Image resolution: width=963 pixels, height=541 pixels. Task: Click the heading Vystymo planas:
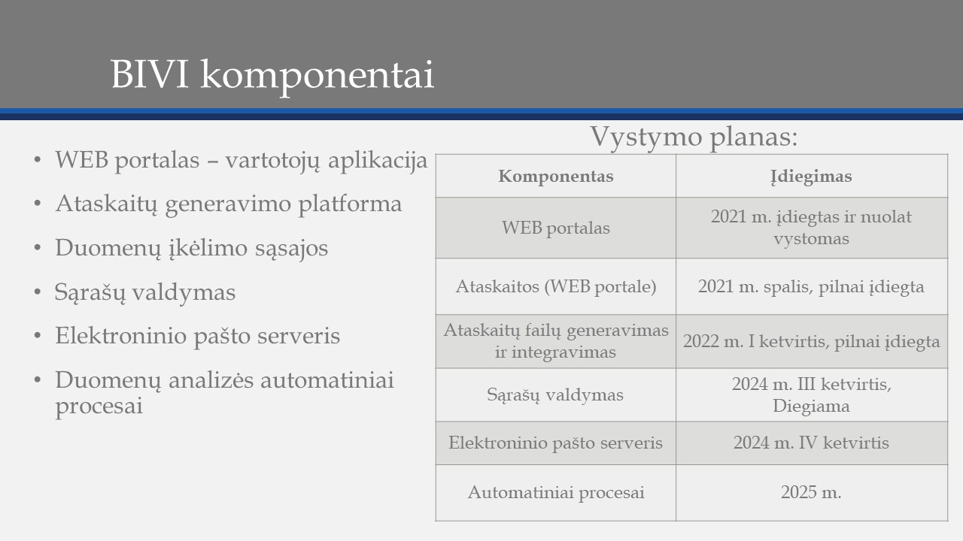point(694,137)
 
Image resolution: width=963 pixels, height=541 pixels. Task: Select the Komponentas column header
point(556,176)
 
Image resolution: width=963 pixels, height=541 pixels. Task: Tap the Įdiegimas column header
point(811,177)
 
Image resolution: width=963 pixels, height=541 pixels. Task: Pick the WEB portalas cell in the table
point(556,228)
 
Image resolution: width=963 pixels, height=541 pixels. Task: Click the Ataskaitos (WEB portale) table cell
point(556,286)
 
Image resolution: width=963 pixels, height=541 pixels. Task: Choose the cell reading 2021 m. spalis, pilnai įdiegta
point(811,287)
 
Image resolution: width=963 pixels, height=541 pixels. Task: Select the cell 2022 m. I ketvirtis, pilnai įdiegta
point(811,341)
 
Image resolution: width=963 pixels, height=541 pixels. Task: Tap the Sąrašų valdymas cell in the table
point(555,394)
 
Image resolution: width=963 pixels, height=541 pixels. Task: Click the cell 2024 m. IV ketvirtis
point(811,443)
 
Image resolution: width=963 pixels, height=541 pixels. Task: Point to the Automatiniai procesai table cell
point(556,492)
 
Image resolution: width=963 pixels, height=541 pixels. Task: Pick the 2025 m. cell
point(811,492)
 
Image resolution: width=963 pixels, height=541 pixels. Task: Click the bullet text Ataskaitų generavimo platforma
point(228,204)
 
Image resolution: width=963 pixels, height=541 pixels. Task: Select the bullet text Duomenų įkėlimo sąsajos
point(191,248)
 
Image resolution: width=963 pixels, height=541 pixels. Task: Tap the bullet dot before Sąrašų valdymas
point(38,292)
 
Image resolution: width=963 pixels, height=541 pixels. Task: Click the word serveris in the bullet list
point(299,336)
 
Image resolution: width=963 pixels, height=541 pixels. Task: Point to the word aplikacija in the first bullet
point(378,161)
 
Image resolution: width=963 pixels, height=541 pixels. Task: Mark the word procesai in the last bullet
point(99,406)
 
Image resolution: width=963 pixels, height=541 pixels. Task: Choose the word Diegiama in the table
point(811,407)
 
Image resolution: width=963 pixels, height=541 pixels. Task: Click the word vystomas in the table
point(811,239)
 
